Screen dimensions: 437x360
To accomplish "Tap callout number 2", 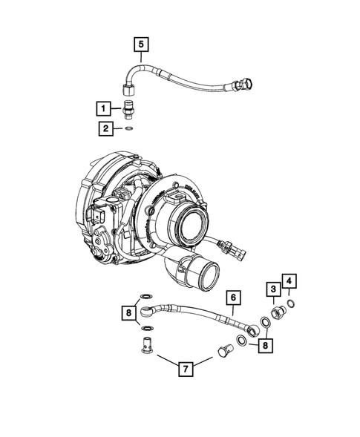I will point(107,128).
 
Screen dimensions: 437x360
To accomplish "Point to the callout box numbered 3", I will point(273,289).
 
